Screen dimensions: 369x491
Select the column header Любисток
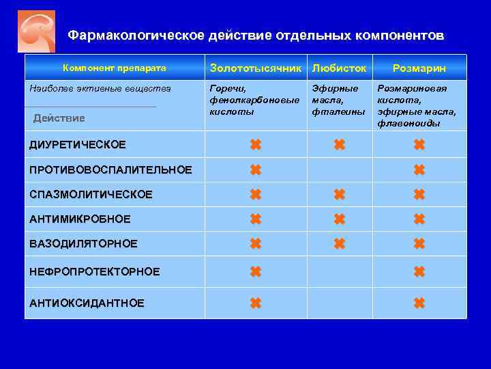(339, 68)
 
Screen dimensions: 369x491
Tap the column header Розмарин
(419, 68)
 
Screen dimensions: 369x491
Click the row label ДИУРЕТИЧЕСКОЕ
(78, 145)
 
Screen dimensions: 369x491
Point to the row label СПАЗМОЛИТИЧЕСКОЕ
(91, 195)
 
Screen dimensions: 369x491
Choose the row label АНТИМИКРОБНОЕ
(80, 219)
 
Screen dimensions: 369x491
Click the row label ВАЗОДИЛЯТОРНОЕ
(83, 244)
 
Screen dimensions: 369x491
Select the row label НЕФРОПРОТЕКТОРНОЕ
(94, 272)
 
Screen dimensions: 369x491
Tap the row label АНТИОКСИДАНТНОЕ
(87, 303)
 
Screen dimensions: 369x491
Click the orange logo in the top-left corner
(36, 31)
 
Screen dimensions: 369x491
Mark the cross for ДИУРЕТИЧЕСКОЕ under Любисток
(338, 145)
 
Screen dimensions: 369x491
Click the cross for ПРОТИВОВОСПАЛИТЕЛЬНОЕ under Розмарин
(419, 169)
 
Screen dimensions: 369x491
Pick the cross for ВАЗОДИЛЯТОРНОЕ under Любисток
(338, 244)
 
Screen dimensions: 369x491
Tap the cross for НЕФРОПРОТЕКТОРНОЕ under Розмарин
(419, 272)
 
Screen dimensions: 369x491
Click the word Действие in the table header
(59, 118)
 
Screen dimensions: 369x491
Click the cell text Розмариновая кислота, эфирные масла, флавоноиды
(417, 106)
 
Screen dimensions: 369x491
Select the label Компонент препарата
(115, 68)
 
